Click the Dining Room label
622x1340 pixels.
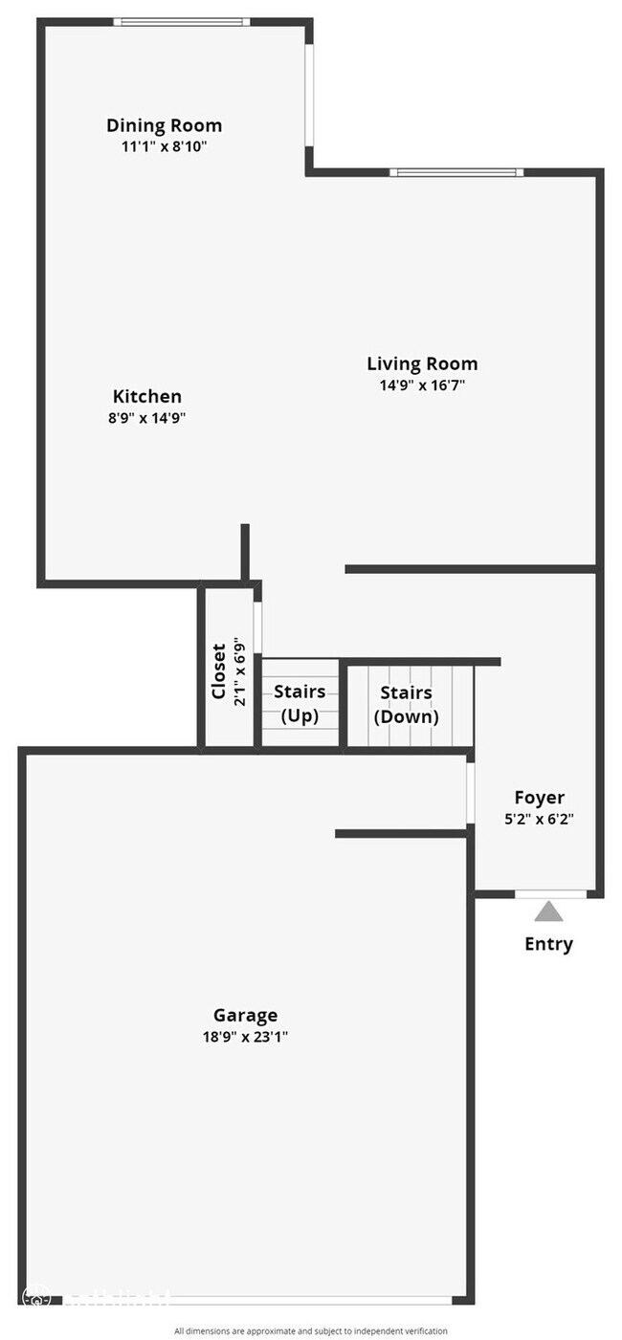click(164, 125)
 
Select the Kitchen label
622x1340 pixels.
click(147, 396)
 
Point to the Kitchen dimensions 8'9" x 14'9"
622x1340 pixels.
click(147, 417)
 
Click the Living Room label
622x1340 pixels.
click(422, 363)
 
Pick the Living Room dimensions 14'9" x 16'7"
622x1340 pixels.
click(422, 385)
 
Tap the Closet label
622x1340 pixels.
click(219, 671)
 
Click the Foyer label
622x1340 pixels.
click(539, 797)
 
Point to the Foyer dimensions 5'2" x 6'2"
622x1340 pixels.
click(539, 819)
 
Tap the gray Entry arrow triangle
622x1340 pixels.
click(548, 911)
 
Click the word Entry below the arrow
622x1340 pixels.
click(548, 944)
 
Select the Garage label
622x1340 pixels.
click(245, 1015)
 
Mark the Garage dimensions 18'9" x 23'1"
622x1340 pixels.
click(245, 1037)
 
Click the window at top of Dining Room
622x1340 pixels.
click(182, 22)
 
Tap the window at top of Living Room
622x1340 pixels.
click(456, 172)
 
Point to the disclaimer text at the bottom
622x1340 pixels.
click(310, 1330)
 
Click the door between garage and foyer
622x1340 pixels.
click(471, 792)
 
